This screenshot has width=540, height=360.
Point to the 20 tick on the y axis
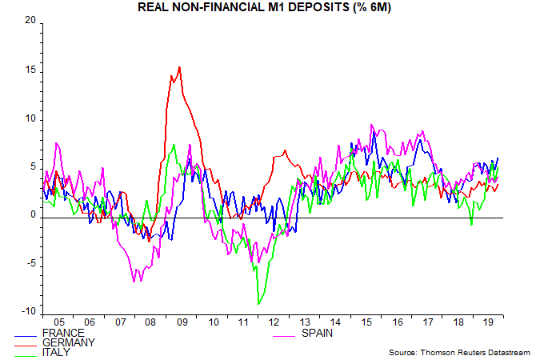point(30,21)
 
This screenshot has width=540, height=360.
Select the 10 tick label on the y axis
point(30,118)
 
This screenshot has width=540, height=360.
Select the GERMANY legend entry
point(67,342)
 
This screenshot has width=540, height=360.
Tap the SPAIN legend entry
point(318,333)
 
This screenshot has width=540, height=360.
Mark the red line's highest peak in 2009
point(179,67)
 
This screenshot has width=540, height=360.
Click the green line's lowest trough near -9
point(258,304)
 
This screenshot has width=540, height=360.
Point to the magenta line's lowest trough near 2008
point(134,281)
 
